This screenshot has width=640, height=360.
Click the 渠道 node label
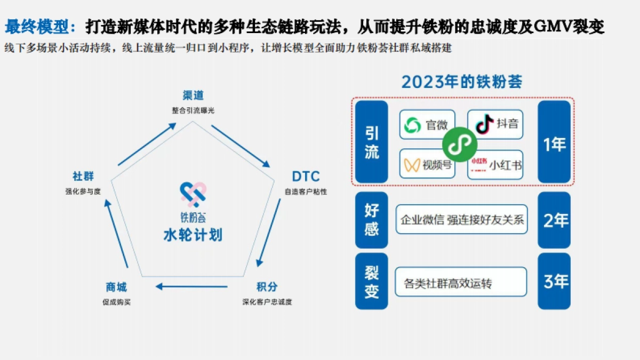(x=193, y=95)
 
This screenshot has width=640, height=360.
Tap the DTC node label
(x=306, y=177)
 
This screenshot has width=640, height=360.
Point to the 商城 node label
(x=116, y=287)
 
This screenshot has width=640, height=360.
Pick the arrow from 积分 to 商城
(x=191, y=287)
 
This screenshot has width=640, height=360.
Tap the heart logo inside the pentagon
(x=193, y=196)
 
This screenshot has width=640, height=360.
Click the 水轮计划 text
(x=193, y=235)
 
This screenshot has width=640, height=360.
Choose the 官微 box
(x=427, y=125)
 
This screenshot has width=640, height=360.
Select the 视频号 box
(x=427, y=164)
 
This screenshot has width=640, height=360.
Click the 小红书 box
(x=495, y=164)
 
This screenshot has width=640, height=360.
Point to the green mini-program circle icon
(x=460, y=143)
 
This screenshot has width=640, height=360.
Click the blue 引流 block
(x=372, y=142)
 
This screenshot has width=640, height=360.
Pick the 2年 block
(x=554, y=220)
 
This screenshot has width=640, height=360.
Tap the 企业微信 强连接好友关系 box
(x=461, y=219)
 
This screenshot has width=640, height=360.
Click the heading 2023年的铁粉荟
(x=461, y=82)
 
